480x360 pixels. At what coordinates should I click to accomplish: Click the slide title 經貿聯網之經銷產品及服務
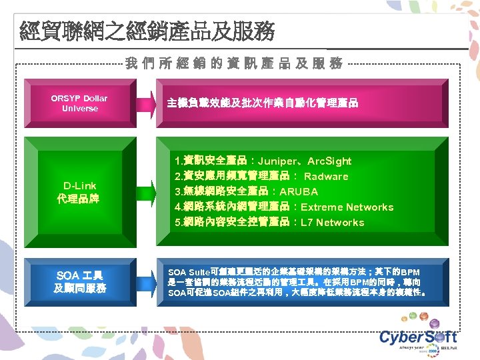tap(147, 31)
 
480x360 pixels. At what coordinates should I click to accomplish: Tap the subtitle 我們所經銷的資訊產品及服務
tap(234, 63)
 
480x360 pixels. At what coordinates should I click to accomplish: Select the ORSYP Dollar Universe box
tap(79, 103)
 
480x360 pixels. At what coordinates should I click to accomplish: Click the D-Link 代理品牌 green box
tap(79, 192)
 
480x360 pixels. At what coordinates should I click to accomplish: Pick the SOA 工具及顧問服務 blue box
tap(79, 281)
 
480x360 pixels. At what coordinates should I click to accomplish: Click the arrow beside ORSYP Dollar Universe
tap(145, 103)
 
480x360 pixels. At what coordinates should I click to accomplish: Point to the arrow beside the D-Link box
tap(145, 192)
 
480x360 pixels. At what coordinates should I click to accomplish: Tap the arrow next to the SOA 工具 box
tap(145, 281)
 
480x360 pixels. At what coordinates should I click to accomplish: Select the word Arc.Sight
tap(329, 161)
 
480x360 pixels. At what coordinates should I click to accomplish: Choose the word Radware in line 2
tap(326, 177)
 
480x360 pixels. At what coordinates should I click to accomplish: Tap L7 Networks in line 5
tap(333, 223)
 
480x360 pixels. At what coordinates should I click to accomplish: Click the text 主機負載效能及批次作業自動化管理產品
tap(262, 103)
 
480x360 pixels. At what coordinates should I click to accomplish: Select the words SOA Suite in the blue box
tap(189, 273)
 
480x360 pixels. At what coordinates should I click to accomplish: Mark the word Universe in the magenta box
tap(79, 109)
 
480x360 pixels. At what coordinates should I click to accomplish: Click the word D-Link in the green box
tap(79, 186)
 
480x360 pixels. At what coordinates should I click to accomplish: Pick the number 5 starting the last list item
tap(176, 223)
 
